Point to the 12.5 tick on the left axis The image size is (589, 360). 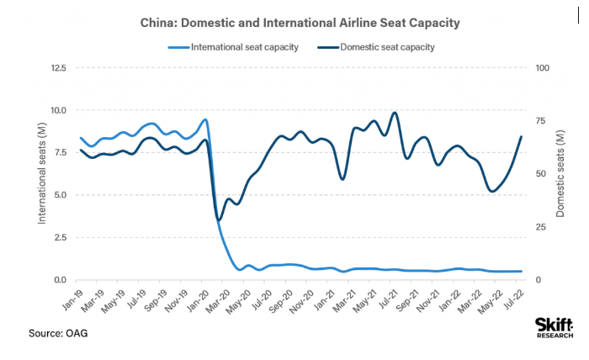pos(58,67)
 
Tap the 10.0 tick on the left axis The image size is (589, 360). pos(58,110)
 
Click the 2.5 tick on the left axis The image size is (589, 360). pos(61,238)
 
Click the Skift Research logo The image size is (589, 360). pos(555,328)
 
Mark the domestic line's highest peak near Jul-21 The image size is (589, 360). pos(395,113)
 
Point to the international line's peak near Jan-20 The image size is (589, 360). pos(205,119)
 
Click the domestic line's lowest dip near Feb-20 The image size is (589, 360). pos(219,220)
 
